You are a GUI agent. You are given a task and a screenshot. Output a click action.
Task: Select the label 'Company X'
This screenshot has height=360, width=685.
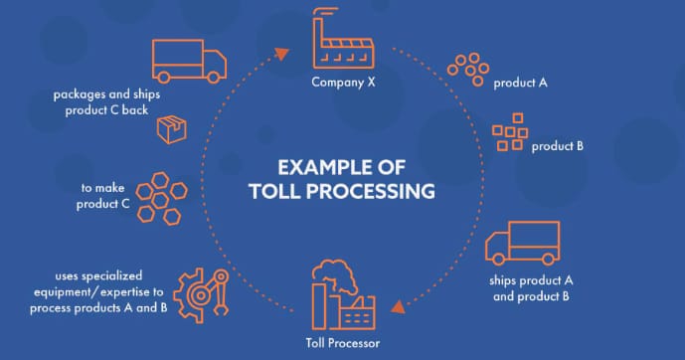point(343,82)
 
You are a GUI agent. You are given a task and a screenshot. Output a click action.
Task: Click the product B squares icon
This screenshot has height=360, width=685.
point(510,132)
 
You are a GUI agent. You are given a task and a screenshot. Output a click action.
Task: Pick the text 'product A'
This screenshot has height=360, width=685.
point(521,83)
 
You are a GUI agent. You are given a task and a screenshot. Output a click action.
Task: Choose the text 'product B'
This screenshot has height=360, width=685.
point(557,146)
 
